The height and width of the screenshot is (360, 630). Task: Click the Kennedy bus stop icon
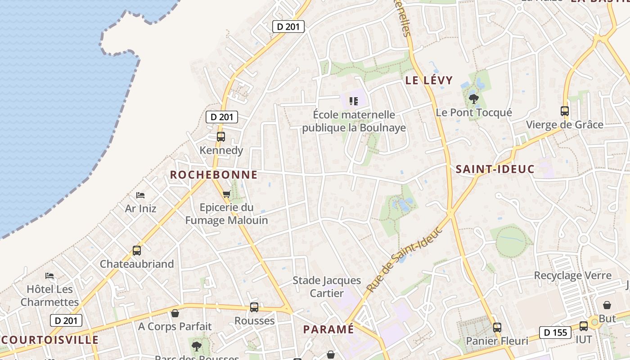[221, 136]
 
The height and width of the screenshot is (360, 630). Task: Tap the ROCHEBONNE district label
[214, 175]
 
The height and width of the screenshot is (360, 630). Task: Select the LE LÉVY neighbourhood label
[429, 81]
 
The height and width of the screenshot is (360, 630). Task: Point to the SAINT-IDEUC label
[495, 169]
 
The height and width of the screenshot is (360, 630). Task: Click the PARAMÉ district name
[328, 329]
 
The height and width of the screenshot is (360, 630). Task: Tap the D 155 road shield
[555, 333]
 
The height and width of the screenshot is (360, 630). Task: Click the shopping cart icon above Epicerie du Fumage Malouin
[226, 194]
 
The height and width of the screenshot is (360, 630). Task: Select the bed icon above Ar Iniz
[140, 195]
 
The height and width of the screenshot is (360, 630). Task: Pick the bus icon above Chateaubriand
[136, 251]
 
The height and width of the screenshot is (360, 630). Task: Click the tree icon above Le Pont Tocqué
[473, 99]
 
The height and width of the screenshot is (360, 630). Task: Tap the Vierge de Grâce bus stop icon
[564, 111]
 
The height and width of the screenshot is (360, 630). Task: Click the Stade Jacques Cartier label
[327, 287]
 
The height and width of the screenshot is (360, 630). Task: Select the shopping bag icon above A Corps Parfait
[175, 313]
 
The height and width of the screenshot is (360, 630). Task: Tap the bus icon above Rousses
[254, 307]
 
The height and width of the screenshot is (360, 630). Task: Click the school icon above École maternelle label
[354, 101]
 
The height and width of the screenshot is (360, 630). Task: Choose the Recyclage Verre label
[572, 275]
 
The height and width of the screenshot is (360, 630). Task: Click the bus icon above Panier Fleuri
[497, 327]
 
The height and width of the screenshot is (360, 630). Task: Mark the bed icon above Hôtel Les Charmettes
[49, 275]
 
